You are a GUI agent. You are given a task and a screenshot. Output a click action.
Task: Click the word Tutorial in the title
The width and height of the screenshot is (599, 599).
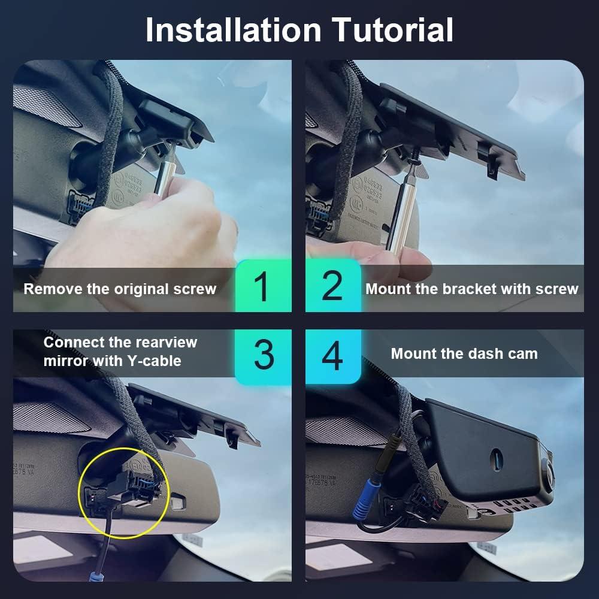click(393, 30)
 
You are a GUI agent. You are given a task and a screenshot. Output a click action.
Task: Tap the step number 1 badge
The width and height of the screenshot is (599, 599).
click(262, 287)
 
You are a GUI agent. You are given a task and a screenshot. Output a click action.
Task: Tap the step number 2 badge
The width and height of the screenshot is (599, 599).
click(332, 287)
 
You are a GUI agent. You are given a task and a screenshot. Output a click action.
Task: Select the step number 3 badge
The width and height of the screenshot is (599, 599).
click(263, 354)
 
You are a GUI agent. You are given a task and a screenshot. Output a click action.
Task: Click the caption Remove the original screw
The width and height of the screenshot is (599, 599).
click(120, 289)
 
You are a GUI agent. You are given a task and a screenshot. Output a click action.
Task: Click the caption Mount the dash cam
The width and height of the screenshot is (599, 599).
click(464, 354)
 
